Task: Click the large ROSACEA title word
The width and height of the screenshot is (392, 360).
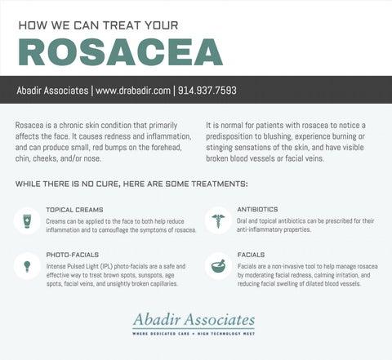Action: point(120,52)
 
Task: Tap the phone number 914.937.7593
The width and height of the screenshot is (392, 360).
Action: point(207,91)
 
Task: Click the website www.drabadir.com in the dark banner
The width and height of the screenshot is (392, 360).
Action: point(133,91)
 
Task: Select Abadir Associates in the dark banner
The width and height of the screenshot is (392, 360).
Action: point(52,91)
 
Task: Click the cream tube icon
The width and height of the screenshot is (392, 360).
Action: point(27,221)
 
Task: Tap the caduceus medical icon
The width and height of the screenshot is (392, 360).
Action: point(218,220)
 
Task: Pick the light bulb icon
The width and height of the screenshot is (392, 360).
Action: point(27,266)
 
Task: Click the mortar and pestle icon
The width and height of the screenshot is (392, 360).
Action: point(218,266)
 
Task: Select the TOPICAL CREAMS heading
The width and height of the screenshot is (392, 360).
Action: point(74,210)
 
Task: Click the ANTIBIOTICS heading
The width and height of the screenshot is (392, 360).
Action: point(257,209)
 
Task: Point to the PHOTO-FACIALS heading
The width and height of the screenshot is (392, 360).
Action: point(73,255)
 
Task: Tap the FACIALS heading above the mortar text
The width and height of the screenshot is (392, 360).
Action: point(251,255)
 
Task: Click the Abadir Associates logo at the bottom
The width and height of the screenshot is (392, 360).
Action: point(194,319)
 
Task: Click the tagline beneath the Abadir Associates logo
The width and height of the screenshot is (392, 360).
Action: point(194,334)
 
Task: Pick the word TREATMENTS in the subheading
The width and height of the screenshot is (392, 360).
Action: point(220,184)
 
